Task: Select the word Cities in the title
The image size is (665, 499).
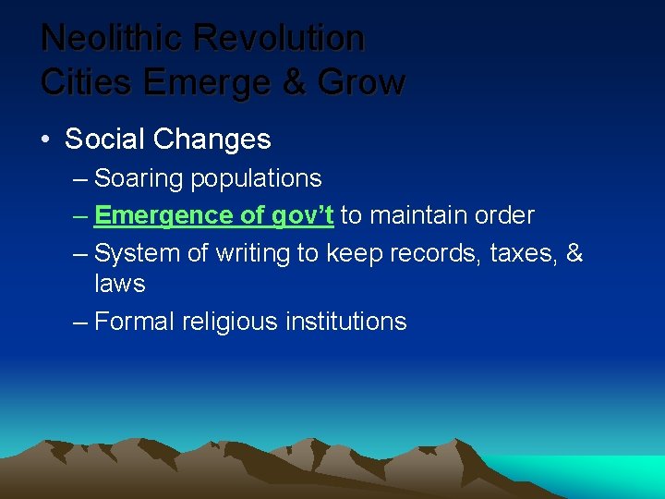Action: (89, 82)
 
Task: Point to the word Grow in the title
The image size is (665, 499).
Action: (361, 82)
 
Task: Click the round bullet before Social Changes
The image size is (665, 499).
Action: (45, 140)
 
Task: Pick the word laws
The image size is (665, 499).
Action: (120, 283)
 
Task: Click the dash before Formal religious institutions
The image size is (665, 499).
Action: (79, 322)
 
